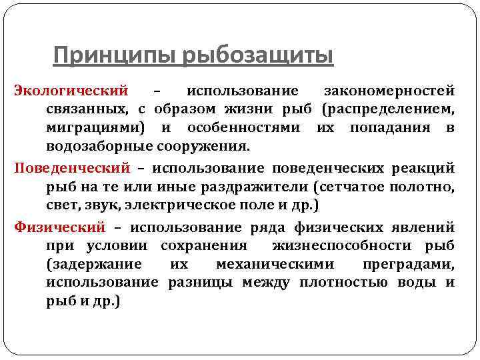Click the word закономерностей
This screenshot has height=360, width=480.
point(389,89)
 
